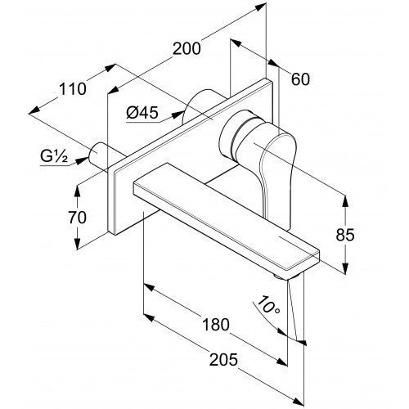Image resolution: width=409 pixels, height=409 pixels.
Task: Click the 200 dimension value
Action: (187, 49)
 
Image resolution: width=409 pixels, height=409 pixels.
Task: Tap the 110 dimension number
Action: (73, 89)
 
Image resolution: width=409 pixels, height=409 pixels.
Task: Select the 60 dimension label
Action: (300, 79)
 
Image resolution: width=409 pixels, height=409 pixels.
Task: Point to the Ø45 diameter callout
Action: (142, 112)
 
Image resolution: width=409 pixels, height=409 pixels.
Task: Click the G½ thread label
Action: (54, 156)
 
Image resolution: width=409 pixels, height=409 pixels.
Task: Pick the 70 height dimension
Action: (77, 218)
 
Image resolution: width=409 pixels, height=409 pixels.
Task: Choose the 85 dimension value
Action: (345, 235)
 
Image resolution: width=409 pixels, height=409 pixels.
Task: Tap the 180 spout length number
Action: (215, 325)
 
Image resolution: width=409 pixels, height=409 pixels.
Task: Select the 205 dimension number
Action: (223, 359)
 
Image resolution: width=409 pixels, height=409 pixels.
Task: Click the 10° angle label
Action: (268, 305)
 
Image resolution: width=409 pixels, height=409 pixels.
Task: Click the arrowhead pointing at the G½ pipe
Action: (81, 161)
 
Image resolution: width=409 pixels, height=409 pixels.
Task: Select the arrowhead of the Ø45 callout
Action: (178, 115)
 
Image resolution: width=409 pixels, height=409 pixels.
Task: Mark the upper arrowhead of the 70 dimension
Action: (78, 191)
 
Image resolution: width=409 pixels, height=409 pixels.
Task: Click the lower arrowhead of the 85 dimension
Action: (345, 267)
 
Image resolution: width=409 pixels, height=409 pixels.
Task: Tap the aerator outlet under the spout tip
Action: (281, 276)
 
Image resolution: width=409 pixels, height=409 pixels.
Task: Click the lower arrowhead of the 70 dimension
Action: (78, 243)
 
